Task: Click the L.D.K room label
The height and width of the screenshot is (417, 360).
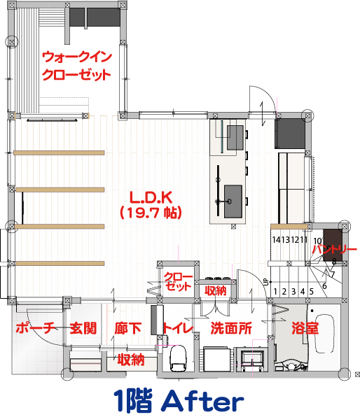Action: click(151, 197)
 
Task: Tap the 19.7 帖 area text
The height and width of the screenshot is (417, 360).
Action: click(151, 212)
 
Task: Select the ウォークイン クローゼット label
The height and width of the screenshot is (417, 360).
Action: click(77, 66)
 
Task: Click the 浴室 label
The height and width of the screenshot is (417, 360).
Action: click(305, 328)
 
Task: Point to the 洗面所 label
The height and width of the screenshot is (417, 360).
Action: click(231, 328)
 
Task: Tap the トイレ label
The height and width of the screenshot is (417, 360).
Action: click(178, 328)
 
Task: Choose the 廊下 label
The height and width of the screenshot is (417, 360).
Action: click(127, 328)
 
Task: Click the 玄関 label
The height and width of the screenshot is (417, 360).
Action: click(83, 328)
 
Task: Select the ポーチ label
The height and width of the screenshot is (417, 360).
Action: click(36, 327)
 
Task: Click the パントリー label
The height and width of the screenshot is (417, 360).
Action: click(335, 249)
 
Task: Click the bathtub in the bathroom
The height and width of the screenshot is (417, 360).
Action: click(324, 334)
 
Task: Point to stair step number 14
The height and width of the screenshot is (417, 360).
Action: click(277, 240)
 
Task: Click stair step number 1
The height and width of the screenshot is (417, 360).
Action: click(275, 292)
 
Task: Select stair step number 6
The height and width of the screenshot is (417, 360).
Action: click(324, 286)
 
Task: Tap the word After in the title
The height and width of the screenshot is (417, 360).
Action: click(202, 402)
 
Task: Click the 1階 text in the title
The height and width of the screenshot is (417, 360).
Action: click(133, 401)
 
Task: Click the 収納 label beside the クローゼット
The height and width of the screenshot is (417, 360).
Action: click(216, 290)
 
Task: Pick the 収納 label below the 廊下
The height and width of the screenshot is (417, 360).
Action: click(131, 360)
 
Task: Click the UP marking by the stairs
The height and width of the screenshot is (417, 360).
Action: click(265, 282)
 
